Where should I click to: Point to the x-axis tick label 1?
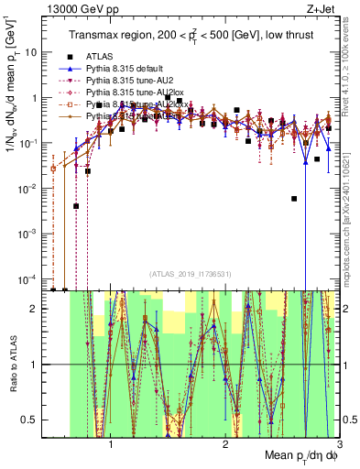[x=111, y=445]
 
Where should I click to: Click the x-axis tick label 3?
[x=340, y=445]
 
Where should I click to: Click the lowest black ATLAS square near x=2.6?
[x=294, y=198]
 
